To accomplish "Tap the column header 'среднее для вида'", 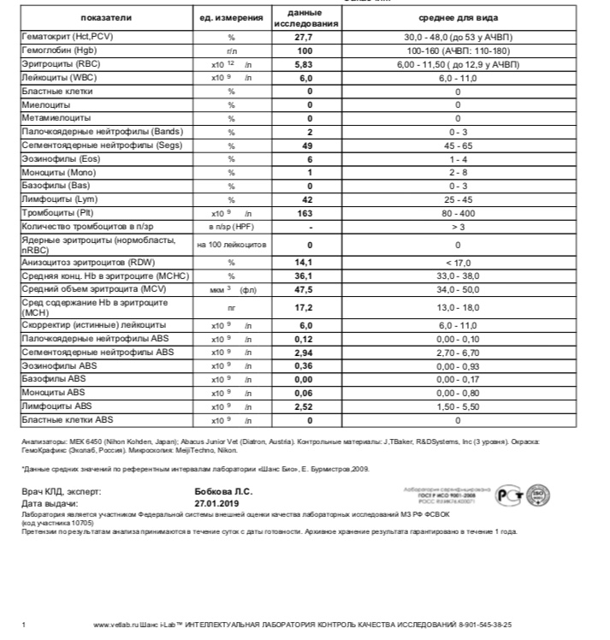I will pyautogui.click(x=458, y=18).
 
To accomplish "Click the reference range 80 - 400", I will pyautogui.click(x=458, y=212).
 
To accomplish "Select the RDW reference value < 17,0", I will pyautogui.click(x=458, y=263).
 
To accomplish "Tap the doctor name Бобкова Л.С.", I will pyautogui.click(x=224, y=492).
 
